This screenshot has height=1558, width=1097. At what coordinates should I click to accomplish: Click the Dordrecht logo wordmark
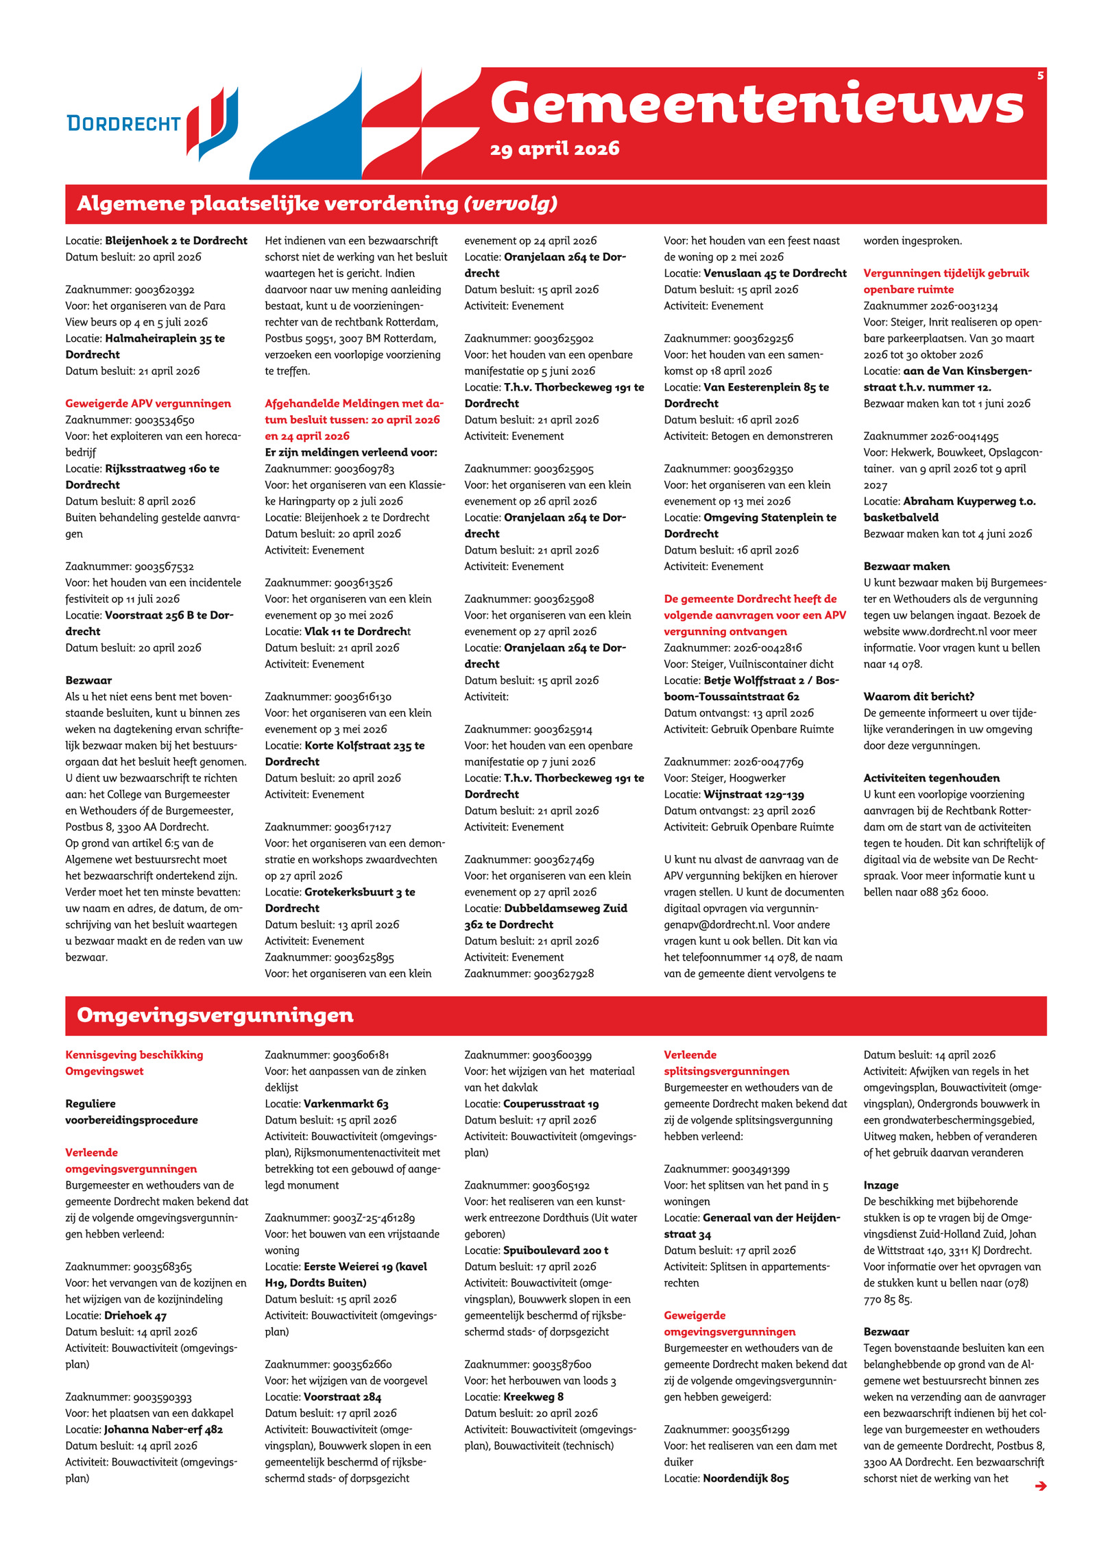pos(123,124)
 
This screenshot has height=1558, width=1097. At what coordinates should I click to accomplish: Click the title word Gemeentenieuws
pos(756,103)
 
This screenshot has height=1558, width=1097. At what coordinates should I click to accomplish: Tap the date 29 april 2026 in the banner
pos(554,149)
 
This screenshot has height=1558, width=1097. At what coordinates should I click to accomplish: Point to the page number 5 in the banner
pos(1040,76)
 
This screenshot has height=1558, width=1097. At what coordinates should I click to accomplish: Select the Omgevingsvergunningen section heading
pos(215,1015)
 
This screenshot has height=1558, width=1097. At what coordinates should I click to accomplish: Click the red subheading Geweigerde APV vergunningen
pos(148,404)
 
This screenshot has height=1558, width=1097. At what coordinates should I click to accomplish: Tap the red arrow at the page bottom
pos(1040,1486)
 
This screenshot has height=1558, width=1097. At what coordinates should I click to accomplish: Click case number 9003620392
pos(164,290)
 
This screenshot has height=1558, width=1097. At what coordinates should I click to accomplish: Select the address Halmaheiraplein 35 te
pos(165,338)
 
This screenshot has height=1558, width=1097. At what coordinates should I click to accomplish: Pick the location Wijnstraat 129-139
pos(754,795)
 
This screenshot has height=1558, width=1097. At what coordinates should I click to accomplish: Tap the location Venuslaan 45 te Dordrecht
pos(775,273)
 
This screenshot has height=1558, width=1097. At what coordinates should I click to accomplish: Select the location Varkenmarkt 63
pos(346,1104)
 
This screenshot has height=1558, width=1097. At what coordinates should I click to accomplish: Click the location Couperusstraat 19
pos(551,1104)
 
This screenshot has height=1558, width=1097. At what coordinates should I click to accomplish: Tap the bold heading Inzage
pos(880,1185)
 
